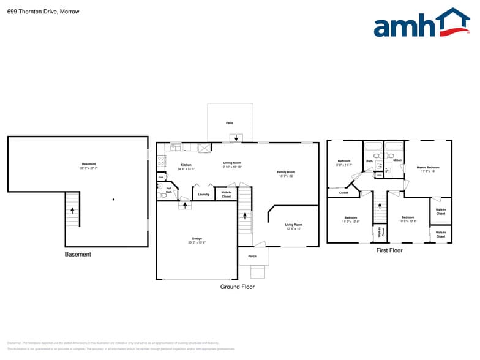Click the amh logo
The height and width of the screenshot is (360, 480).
421,24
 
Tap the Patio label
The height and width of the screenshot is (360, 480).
230,123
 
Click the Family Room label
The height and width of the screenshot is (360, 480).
286,174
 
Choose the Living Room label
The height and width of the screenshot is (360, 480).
294,226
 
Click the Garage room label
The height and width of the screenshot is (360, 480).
197,240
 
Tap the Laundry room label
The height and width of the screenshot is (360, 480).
204,195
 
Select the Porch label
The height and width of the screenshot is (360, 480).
252,256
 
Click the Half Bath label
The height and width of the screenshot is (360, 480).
168,190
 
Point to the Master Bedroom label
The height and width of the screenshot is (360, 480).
428,168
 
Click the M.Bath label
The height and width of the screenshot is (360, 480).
397,160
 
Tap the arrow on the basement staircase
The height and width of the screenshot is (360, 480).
73,210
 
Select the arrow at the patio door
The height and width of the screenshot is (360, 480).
237,138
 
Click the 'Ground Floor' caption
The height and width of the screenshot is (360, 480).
238,287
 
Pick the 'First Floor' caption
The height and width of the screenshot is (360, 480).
389,250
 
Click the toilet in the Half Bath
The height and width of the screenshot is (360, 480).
163,196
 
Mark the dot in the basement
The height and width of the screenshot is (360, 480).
113,200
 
